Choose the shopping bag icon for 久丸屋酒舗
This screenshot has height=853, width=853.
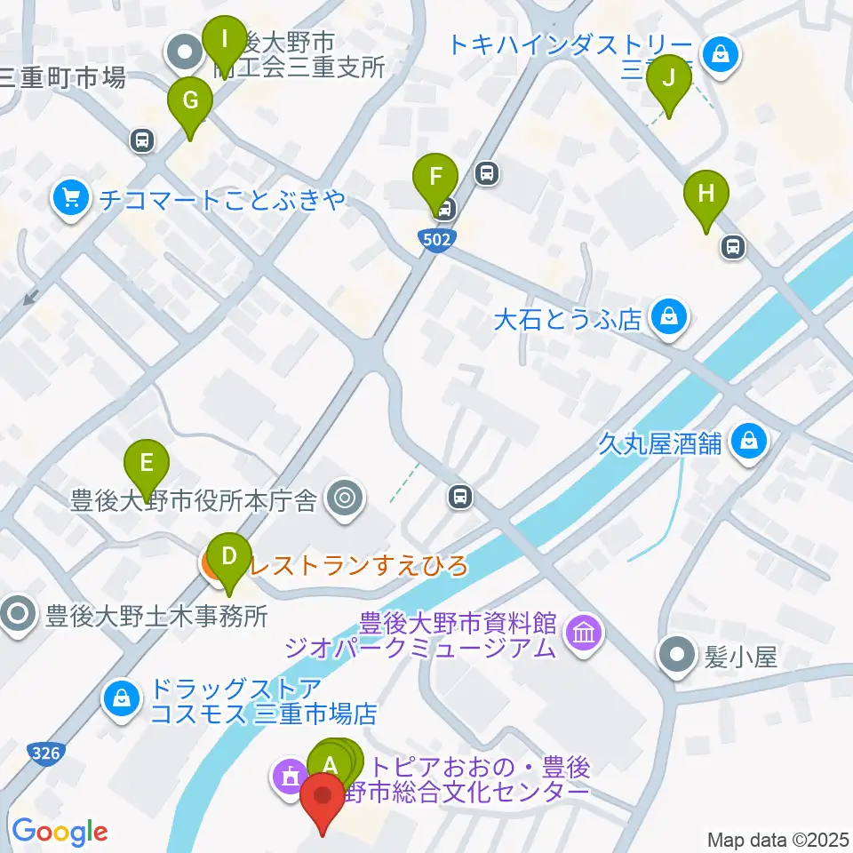click(x=749, y=442)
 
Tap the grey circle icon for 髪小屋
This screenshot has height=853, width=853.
click(x=678, y=657)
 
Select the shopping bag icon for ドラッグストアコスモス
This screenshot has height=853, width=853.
click(x=121, y=698)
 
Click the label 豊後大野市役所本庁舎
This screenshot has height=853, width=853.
click(x=194, y=502)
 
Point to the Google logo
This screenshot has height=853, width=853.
click(x=60, y=833)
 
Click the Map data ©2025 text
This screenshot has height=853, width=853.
click(x=777, y=839)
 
